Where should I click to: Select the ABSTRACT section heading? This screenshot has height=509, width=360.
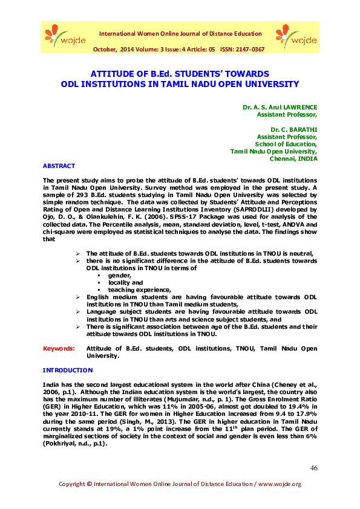tap(59, 166)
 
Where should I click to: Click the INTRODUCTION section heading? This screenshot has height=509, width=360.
tap(68, 369)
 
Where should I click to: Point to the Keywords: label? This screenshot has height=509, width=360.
tap(59, 349)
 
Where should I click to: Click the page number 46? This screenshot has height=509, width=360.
tap(313, 468)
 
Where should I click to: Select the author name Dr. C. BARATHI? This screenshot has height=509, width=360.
tap(293, 129)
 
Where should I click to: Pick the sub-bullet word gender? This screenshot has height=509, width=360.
tap(120, 274)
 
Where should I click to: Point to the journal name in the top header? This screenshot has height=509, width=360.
tap(180, 34)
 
